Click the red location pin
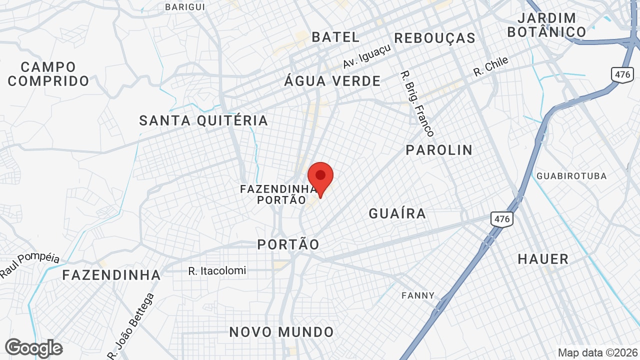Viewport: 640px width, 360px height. (x=320, y=178)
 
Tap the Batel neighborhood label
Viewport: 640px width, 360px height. (x=335, y=37)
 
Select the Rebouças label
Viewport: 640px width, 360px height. (x=434, y=38)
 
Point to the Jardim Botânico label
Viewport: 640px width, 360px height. (x=546, y=25)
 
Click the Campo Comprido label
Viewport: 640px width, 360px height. (x=48, y=74)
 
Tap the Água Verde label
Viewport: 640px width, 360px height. (x=332, y=81)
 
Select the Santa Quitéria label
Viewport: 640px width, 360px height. (x=203, y=120)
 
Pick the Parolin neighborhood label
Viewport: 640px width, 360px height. (x=439, y=150)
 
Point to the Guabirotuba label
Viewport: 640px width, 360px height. (x=571, y=176)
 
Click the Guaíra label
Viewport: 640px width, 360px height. (x=397, y=214)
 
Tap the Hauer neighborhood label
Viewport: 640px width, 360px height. (x=543, y=259)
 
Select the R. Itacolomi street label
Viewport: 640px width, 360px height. (x=217, y=271)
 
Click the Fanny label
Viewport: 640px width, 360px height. (x=418, y=295)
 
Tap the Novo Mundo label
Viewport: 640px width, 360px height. (x=281, y=332)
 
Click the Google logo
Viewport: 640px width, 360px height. (x=33, y=348)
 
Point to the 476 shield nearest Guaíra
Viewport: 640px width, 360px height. (x=501, y=219)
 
